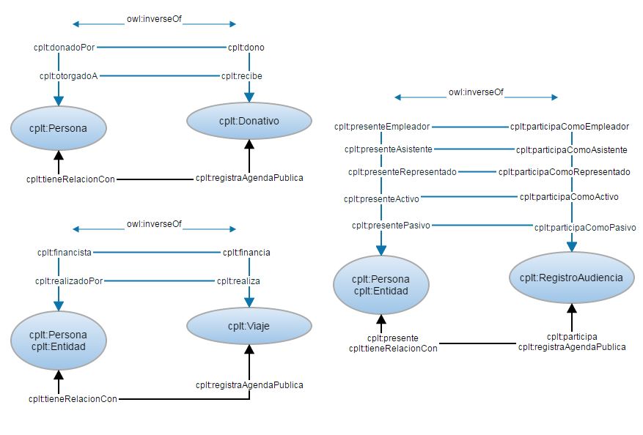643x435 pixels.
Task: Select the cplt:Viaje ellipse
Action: click(249, 326)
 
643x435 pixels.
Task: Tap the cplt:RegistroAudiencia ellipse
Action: click(570, 278)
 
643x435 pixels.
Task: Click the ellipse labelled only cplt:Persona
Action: click(59, 129)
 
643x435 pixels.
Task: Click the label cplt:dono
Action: click(246, 48)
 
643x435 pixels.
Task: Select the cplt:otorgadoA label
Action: click(68, 75)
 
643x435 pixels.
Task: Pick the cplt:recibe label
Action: click(243, 75)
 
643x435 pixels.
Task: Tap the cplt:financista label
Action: click(65, 253)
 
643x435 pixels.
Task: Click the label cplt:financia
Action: click(246, 253)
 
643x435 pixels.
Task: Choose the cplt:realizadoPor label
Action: click(69, 280)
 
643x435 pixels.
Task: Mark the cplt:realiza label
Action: click(238, 280)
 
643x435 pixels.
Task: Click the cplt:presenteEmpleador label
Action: click(381, 126)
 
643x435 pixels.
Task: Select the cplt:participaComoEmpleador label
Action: click(570, 126)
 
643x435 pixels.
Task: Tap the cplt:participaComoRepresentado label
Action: click(564, 172)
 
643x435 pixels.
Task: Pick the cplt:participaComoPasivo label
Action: click(584, 228)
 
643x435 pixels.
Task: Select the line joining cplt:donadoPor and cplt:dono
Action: click(161, 48)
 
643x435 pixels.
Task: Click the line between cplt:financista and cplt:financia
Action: click(158, 253)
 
